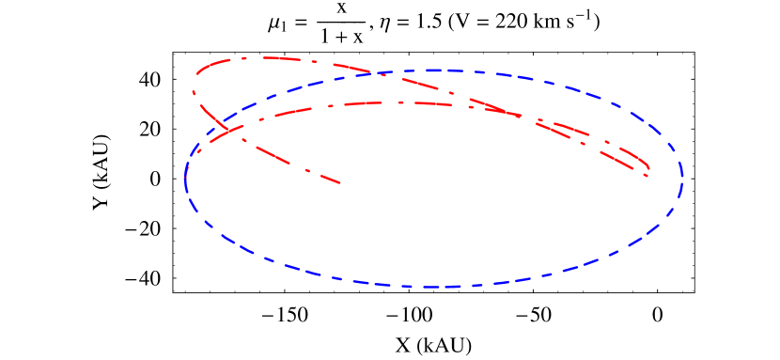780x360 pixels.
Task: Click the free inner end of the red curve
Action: [x=340, y=182]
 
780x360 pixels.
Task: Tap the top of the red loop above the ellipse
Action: [x=263, y=57]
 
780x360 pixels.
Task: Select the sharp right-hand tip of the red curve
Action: [x=649, y=175]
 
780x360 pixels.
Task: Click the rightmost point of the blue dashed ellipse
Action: [x=682, y=177]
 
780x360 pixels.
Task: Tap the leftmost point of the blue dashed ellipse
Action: [x=185, y=179]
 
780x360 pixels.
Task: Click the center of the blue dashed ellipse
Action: [x=433, y=179]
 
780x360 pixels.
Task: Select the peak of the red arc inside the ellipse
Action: [x=395, y=102]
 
